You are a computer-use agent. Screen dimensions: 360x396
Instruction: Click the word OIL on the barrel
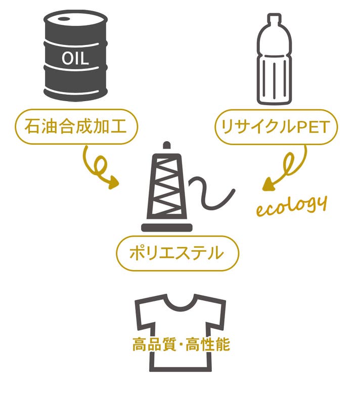click(75, 58)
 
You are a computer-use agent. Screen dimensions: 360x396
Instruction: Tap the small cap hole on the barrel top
click(63, 19)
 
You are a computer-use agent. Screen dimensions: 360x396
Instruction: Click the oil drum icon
click(75, 55)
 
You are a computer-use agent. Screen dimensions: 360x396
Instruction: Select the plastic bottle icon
click(275, 59)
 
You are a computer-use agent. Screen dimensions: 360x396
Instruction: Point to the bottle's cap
click(275, 18)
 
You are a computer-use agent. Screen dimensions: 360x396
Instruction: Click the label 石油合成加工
click(76, 127)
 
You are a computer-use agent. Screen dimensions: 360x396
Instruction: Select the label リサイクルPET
click(276, 127)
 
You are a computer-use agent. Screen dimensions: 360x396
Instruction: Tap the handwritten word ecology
click(292, 206)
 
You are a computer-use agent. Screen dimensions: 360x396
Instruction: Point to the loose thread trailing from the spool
click(211, 192)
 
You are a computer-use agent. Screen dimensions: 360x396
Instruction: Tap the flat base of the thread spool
click(167, 228)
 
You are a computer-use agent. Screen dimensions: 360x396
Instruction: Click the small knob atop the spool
click(167, 145)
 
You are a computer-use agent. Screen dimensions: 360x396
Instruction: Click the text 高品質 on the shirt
click(154, 344)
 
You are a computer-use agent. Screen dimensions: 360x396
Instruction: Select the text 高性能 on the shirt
click(208, 344)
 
